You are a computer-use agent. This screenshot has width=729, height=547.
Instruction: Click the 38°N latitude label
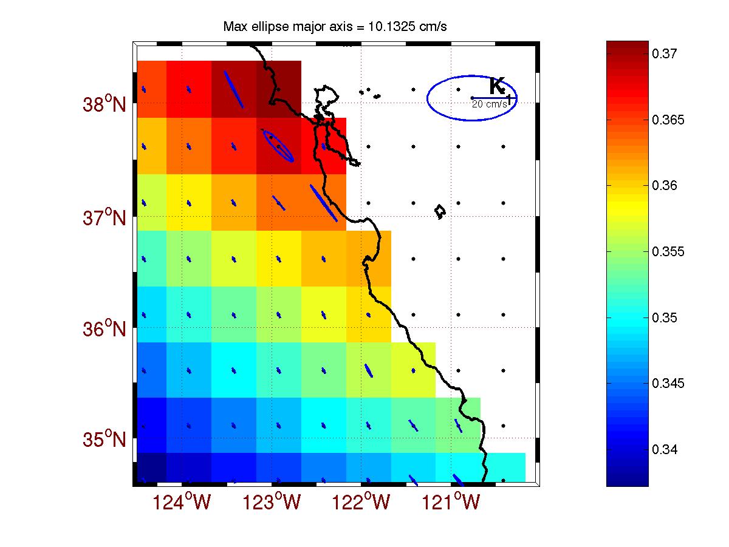(104, 104)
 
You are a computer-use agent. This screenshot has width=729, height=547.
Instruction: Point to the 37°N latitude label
(104, 217)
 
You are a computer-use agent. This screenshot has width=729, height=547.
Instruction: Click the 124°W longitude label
(184, 503)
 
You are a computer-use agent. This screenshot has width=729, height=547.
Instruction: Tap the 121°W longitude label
(450, 503)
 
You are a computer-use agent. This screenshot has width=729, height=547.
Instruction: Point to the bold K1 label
(499, 87)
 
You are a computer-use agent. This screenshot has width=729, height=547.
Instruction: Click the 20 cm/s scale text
(489, 104)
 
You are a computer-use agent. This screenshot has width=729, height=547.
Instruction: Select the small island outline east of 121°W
(440, 211)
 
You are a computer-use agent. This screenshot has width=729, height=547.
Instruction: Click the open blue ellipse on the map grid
(278, 145)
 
